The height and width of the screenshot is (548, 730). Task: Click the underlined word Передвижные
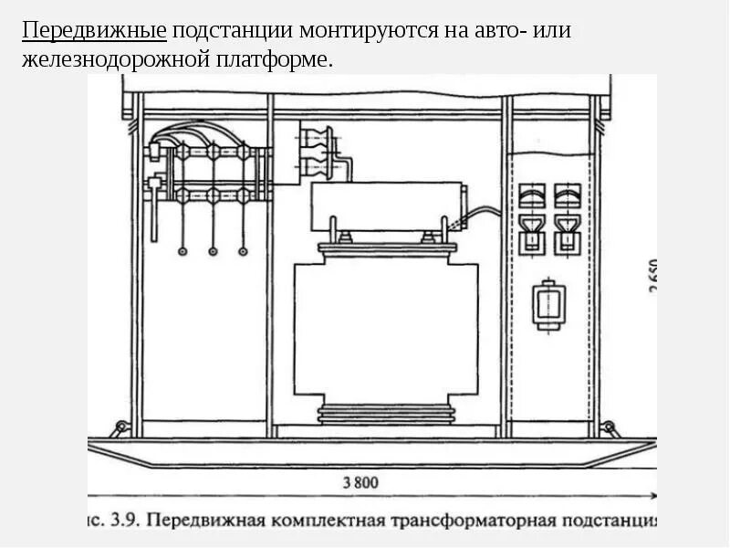94,31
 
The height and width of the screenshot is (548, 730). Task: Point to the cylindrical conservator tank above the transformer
387,207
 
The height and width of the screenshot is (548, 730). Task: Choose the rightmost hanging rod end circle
243,251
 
